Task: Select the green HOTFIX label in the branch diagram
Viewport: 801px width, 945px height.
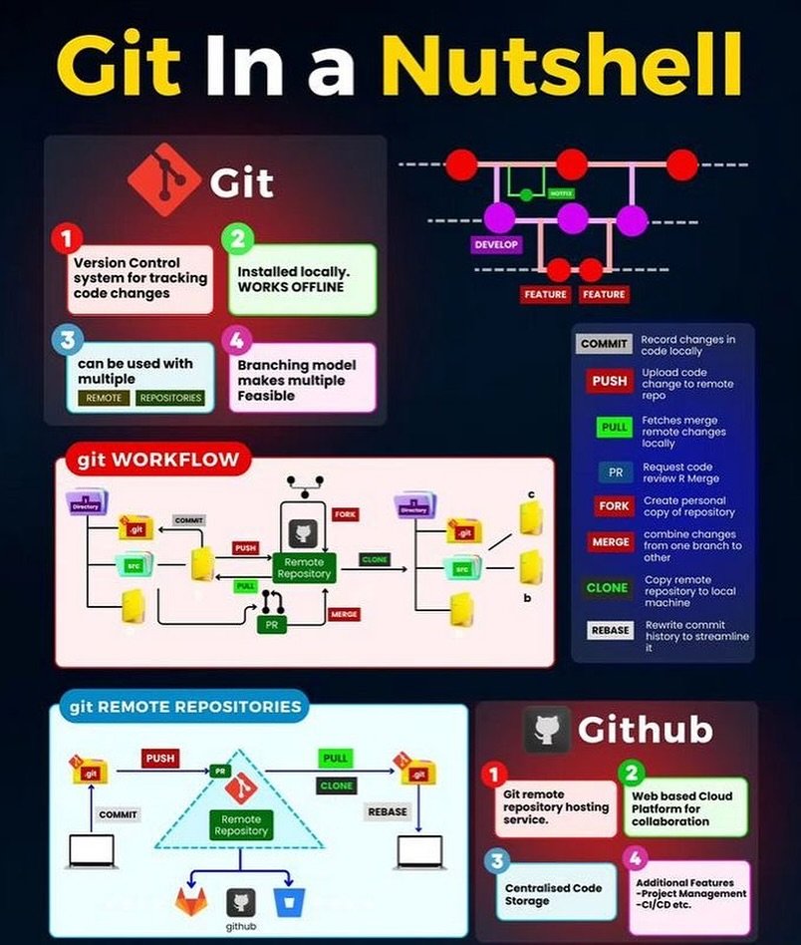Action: point(560,193)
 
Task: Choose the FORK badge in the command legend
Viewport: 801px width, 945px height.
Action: point(614,505)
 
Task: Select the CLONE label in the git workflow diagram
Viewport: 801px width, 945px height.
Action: point(375,559)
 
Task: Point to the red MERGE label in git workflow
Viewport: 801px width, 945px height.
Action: point(343,614)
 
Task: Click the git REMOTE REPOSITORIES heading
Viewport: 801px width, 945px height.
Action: point(185,707)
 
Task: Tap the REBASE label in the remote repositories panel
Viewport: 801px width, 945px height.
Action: point(388,811)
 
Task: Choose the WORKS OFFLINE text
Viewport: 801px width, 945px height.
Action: point(291,287)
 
